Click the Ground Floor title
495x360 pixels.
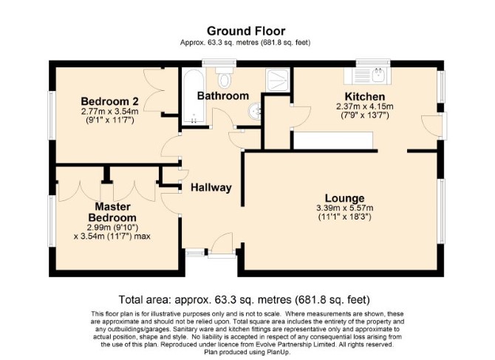point(246,31)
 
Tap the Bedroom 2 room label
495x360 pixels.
point(109,101)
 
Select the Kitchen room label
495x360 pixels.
point(365,96)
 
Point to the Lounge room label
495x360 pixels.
point(345,198)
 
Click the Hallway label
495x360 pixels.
point(211,188)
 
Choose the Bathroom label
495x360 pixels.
point(223,95)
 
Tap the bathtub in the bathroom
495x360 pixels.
point(194,96)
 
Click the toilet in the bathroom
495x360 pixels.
point(224,77)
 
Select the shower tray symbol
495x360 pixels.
point(278,81)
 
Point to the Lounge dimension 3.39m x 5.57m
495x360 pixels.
point(345,208)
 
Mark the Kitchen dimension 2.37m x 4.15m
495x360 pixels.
point(365,106)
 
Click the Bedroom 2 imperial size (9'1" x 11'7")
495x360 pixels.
point(109,120)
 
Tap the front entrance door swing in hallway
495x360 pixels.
point(222,243)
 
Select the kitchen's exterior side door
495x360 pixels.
point(432,126)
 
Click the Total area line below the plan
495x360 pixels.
point(244,299)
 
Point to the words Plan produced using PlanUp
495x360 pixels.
point(247,352)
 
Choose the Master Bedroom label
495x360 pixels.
point(112,212)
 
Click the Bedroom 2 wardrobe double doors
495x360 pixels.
point(154,90)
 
